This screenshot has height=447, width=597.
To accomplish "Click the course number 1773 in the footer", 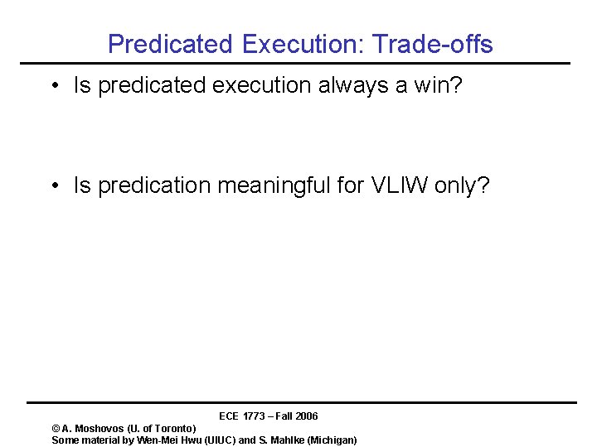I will pos(255,416).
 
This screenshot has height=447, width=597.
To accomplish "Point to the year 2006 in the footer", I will pos(306,416).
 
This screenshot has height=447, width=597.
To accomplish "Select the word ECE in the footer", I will pos(230,416).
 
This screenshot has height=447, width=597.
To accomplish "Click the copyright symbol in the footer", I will pos(56,429).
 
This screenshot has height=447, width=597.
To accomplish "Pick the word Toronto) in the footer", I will pos(175,429).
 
